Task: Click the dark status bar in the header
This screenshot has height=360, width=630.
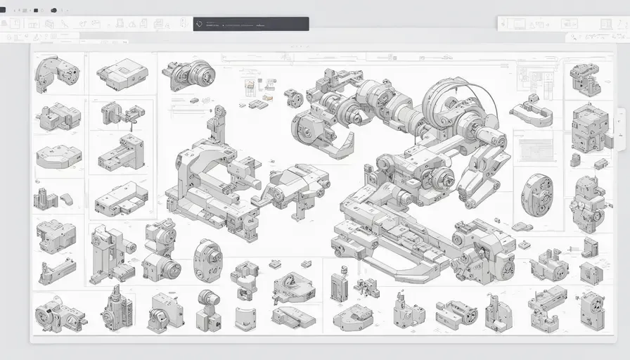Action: [x=251, y=24]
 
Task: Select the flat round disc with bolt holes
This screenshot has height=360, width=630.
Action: [x=536, y=195]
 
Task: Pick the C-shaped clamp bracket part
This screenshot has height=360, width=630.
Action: [x=531, y=112]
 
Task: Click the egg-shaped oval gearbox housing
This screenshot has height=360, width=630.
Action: [x=208, y=260]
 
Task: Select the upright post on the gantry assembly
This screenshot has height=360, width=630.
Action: [x=217, y=127]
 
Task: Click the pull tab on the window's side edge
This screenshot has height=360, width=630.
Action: [x=620, y=129]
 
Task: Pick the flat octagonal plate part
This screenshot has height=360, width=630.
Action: [x=58, y=156]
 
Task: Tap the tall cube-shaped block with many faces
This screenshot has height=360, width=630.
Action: [x=589, y=127]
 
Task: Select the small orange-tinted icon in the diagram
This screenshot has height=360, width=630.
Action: [x=250, y=88]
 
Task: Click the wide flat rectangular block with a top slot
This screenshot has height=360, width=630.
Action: [x=122, y=74]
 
